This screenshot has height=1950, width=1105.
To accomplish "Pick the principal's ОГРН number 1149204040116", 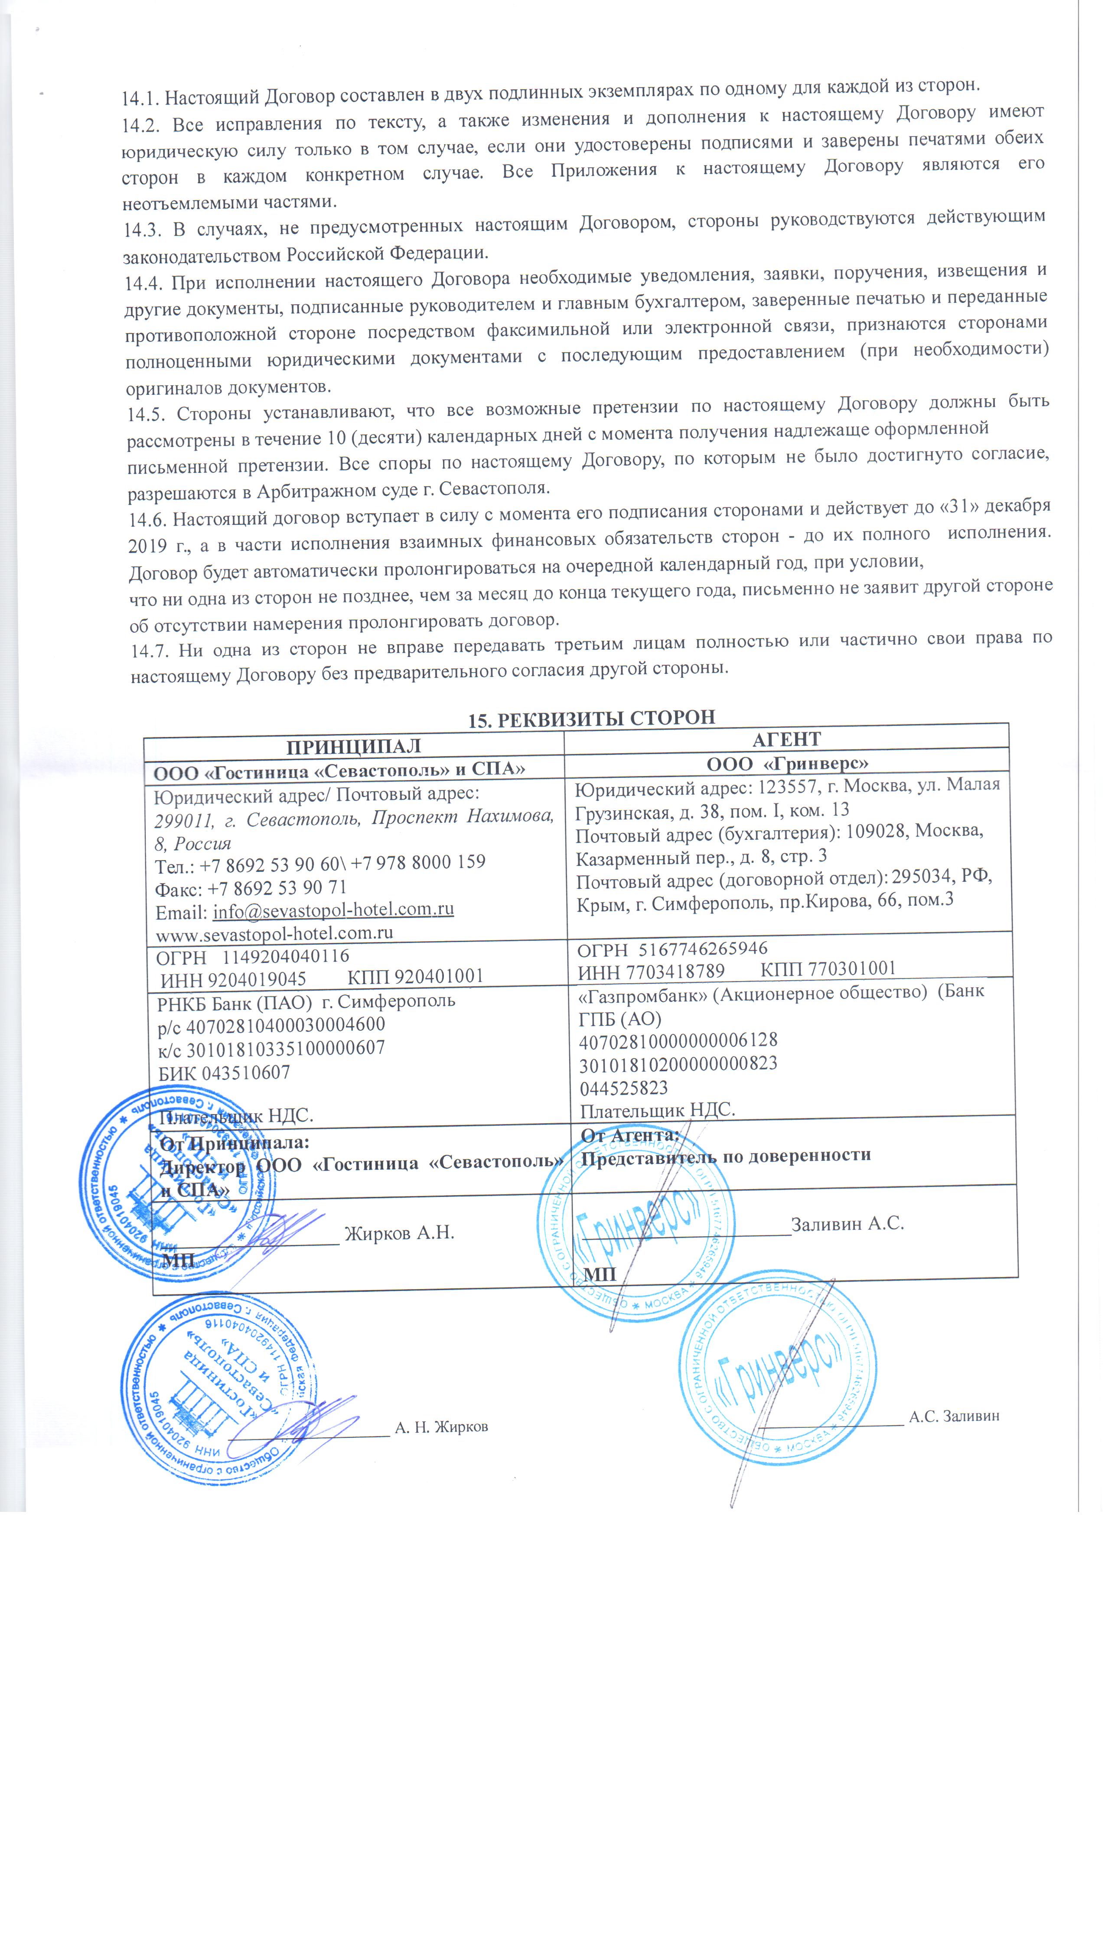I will [285, 955].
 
